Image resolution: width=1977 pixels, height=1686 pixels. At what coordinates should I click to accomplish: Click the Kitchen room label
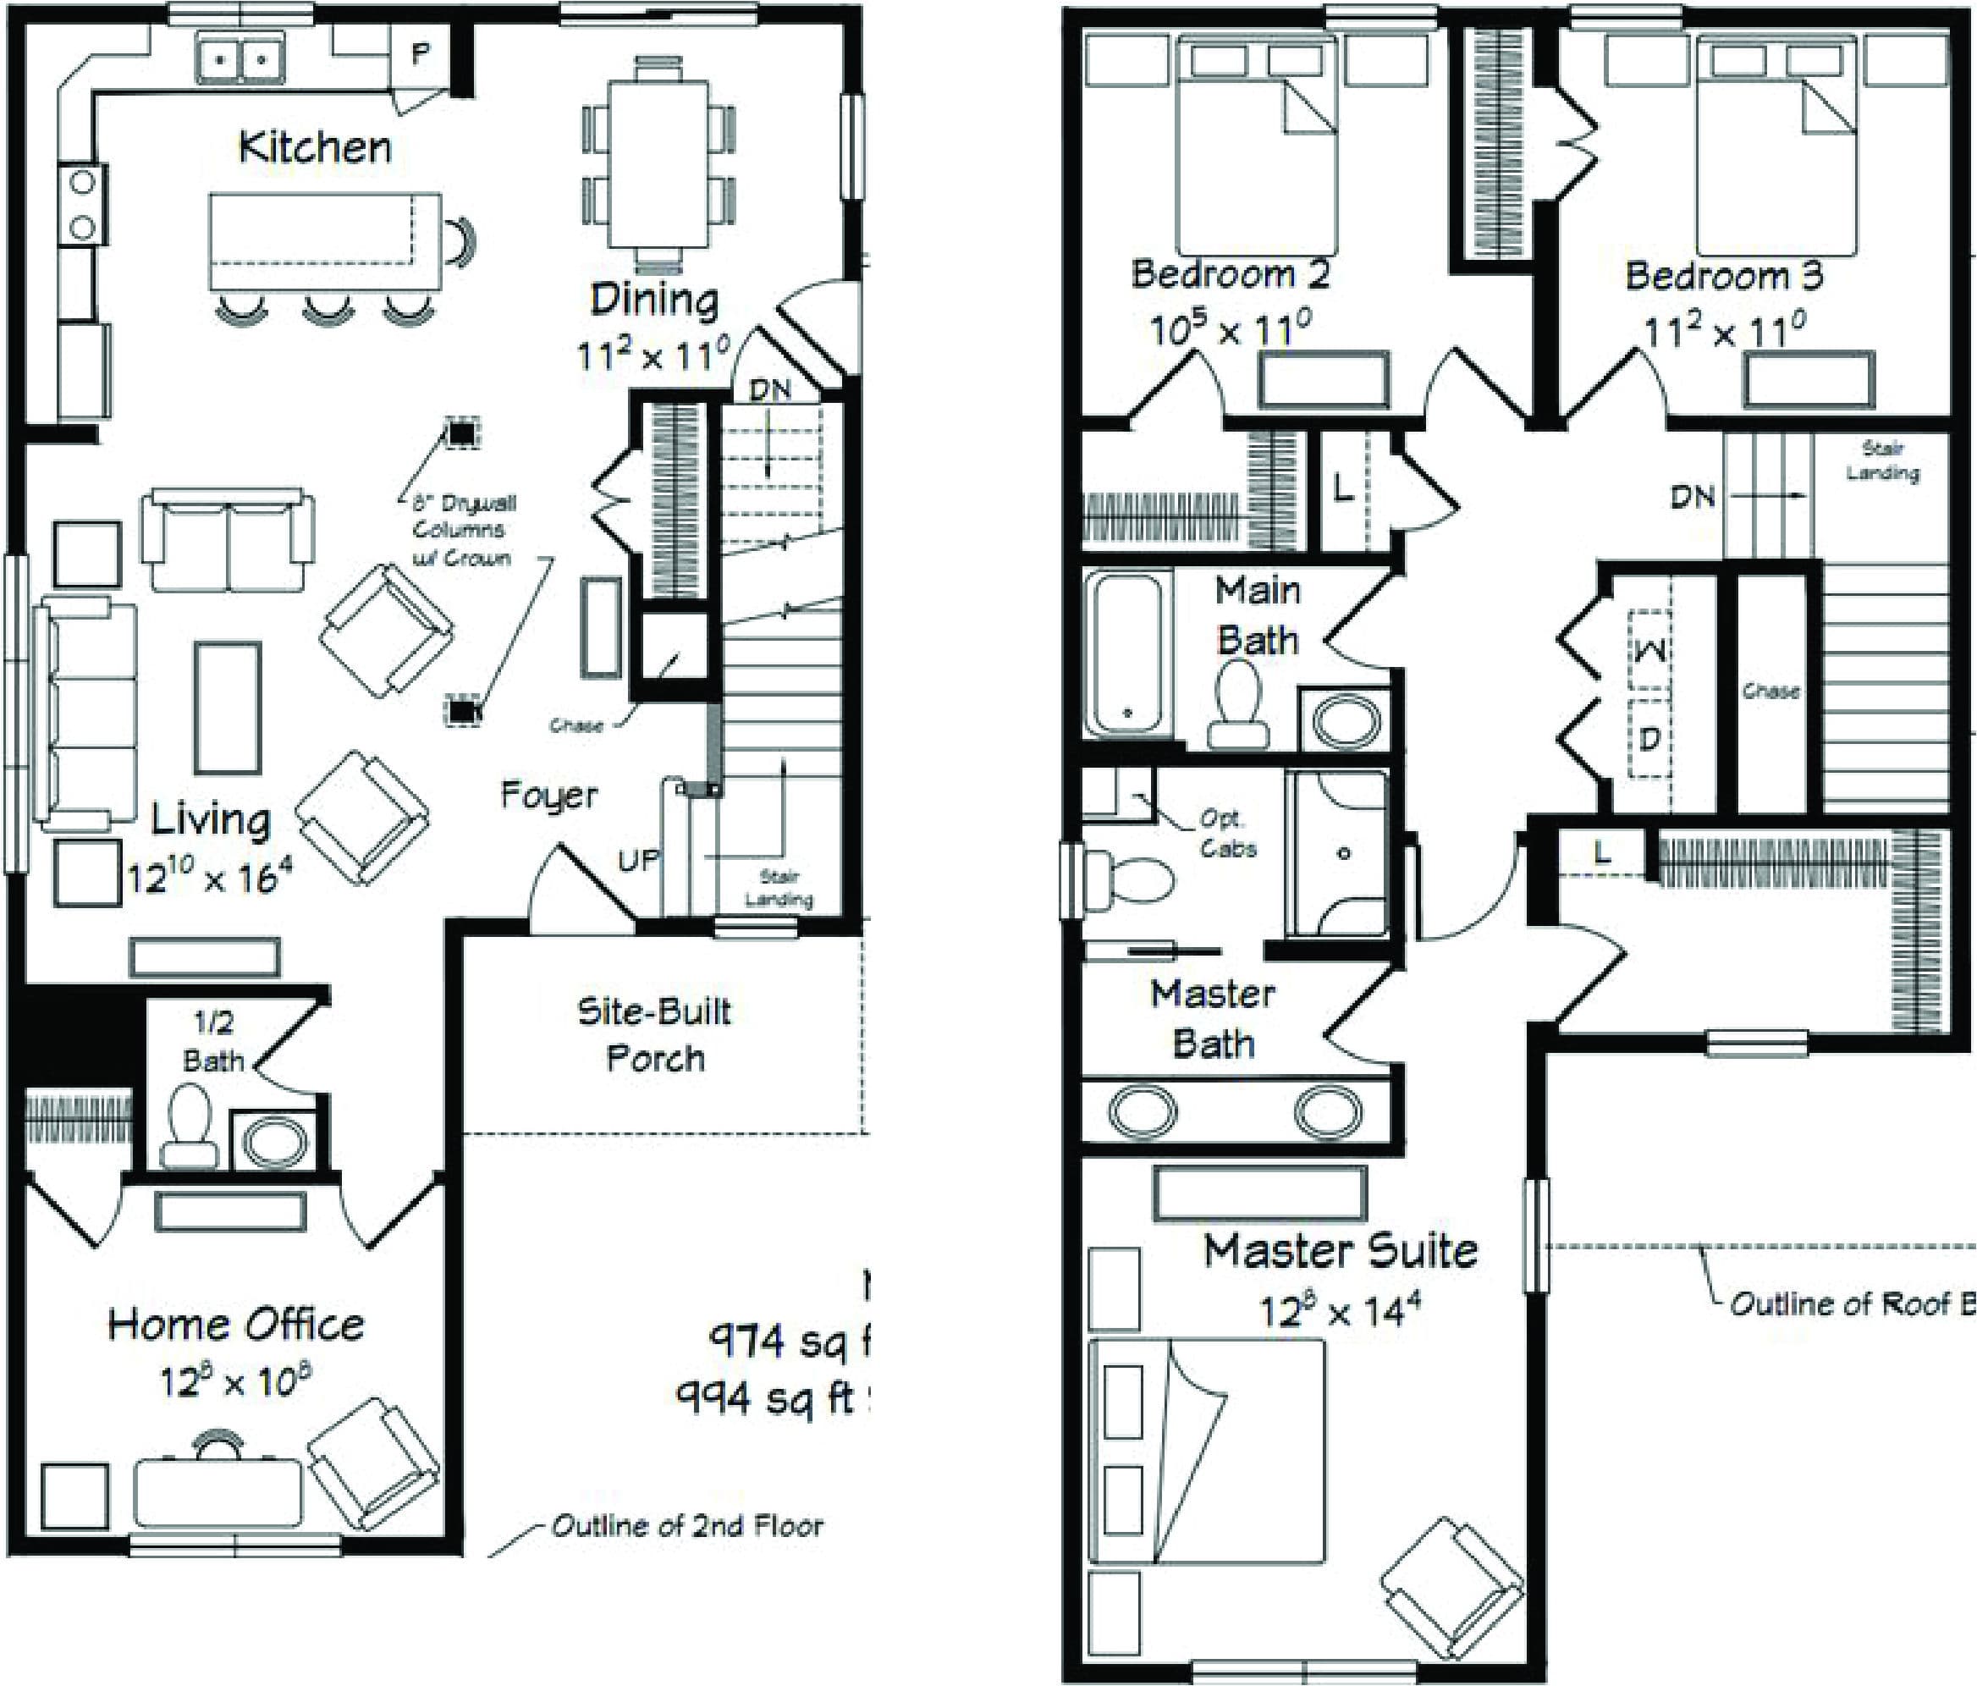(314, 148)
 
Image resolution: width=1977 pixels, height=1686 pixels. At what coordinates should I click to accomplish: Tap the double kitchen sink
(240, 58)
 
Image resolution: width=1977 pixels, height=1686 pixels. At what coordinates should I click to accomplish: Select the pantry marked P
(419, 54)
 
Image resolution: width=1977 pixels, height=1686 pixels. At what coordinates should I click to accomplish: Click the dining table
(658, 164)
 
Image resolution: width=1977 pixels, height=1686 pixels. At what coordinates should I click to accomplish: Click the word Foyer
(548, 795)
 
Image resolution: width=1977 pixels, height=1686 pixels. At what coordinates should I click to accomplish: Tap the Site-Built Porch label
(654, 1034)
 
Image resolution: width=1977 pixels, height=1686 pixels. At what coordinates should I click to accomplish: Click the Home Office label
(235, 1325)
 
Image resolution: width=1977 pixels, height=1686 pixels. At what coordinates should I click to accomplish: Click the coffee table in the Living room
(228, 707)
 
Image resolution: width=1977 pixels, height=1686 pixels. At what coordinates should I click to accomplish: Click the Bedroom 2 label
(1229, 274)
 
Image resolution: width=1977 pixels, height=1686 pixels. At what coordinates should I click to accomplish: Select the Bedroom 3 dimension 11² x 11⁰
(1723, 332)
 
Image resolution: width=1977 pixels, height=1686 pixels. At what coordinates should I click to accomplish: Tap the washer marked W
(1650, 650)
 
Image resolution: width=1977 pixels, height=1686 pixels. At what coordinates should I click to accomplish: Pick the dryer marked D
(1649, 737)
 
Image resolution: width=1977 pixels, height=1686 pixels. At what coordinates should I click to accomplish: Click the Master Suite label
(1340, 1251)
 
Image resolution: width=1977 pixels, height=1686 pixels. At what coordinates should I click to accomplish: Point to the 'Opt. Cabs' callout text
(1227, 834)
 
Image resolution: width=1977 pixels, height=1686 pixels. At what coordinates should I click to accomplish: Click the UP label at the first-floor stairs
(638, 860)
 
